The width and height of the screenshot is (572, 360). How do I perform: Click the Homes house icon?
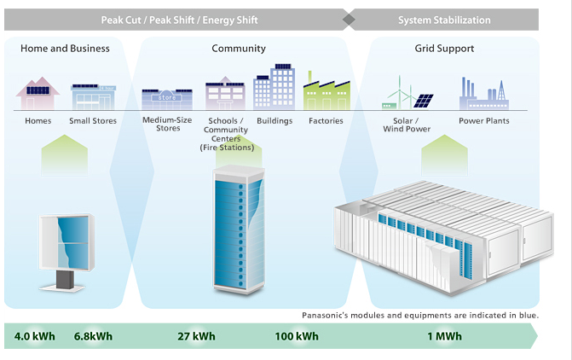(38, 93)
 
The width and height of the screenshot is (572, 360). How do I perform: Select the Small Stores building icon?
(94, 96)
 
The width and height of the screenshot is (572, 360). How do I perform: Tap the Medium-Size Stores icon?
(167, 99)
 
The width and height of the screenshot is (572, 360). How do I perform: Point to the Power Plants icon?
(484, 94)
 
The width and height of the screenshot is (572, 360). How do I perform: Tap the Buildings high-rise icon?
(274, 87)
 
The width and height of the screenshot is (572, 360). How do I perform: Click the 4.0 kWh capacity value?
(35, 336)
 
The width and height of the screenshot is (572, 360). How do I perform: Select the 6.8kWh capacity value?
(93, 336)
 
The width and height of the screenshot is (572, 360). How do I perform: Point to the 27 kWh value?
(196, 336)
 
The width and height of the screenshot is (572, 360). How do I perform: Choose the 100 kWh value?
(297, 336)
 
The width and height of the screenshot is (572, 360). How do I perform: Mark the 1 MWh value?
(444, 336)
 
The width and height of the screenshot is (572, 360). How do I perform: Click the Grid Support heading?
(444, 49)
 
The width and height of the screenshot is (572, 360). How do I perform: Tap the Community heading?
(239, 49)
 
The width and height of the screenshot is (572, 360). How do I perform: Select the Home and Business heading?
(65, 49)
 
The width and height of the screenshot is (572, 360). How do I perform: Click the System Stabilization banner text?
(444, 20)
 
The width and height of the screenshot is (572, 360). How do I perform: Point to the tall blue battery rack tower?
(239, 229)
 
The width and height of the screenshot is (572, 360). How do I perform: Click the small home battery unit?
(66, 253)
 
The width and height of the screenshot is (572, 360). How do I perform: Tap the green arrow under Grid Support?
(444, 155)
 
